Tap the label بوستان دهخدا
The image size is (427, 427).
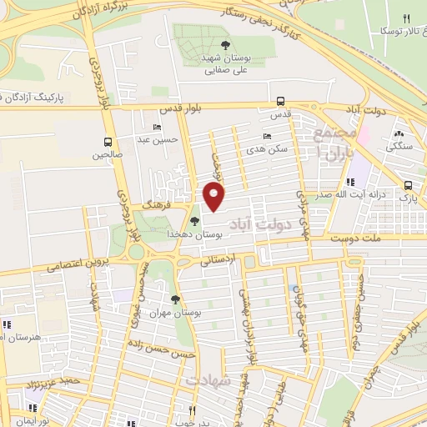coord(194,235)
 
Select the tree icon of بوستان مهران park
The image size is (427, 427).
coord(175,299)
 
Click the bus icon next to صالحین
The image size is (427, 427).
coord(108,141)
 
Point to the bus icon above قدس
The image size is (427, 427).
coord(281,101)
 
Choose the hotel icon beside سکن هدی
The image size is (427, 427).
coord(267,135)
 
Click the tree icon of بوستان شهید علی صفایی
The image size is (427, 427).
coord(226,46)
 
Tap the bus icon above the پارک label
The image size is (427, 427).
coord(407,185)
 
